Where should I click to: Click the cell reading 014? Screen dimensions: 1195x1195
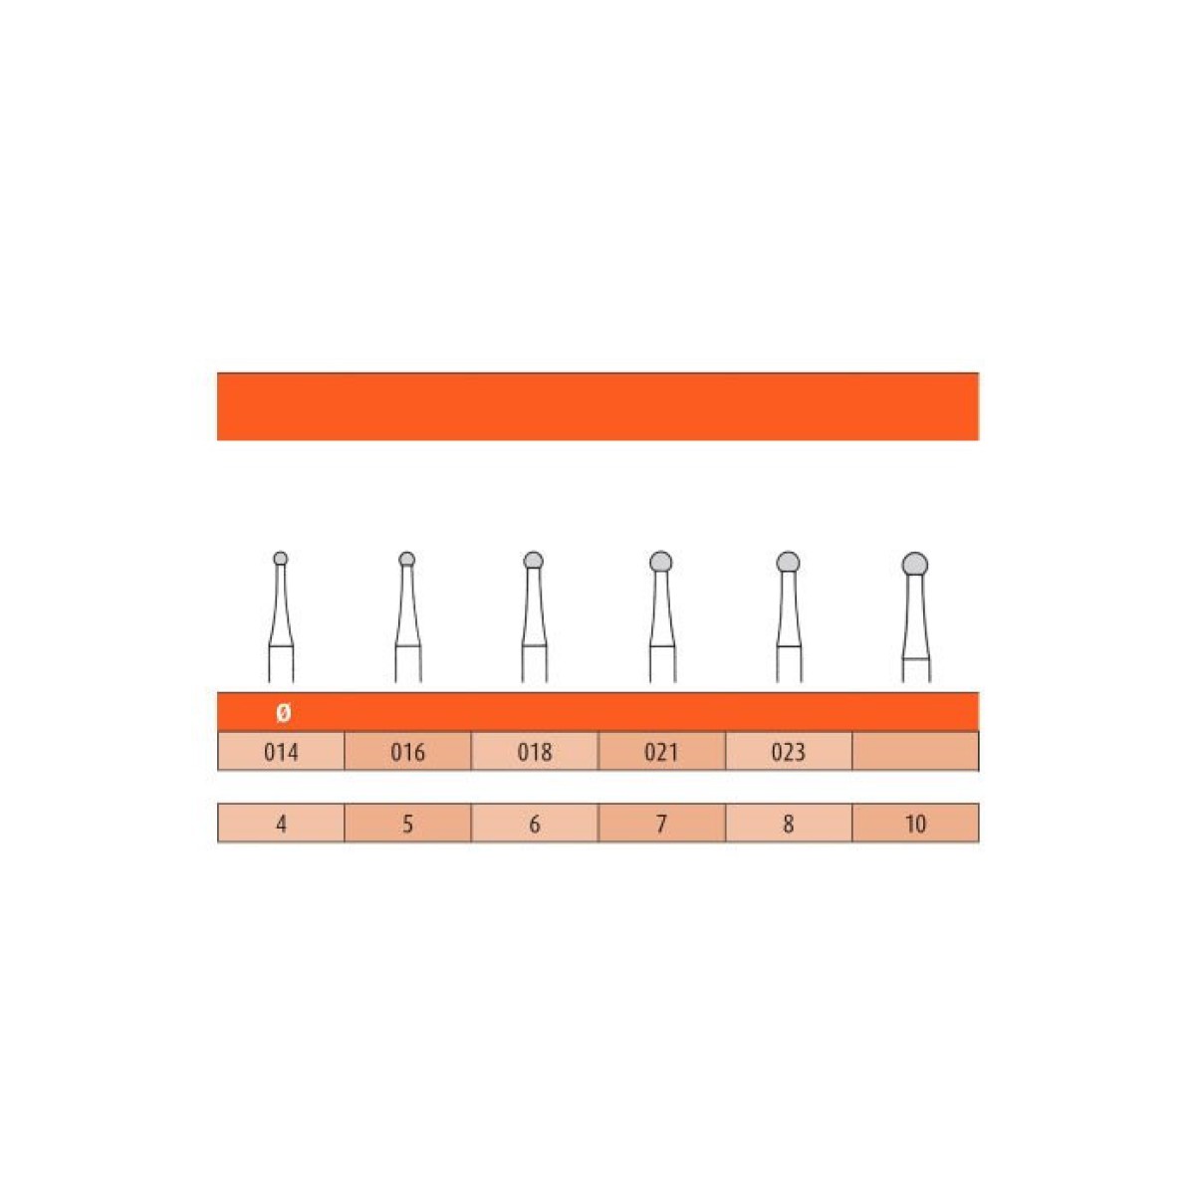coord(281,751)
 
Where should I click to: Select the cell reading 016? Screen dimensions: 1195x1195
coord(407,751)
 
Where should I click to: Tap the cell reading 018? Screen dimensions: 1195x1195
coord(535,751)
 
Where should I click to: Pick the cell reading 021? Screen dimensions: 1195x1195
coord(661,751)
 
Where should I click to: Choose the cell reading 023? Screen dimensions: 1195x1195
coord(789,751)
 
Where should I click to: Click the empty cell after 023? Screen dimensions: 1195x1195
coord(916,751)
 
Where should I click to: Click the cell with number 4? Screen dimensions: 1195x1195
coord(281,823)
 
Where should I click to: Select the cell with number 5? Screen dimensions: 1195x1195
coord(407,823)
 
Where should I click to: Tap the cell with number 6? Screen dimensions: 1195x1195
coord(535,823)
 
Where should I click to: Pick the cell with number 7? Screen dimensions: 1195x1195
coord(661,823)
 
